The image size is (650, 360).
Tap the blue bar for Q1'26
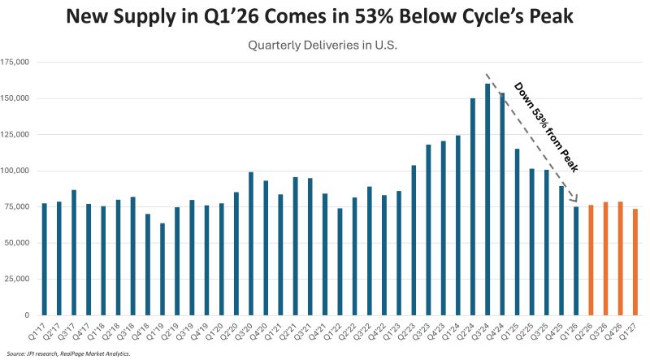(x=577, y=261)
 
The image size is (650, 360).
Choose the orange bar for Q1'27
(x=635, y=262)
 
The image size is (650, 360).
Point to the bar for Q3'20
(x=251, y=244)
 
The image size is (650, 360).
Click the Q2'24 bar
(x=473, y=206)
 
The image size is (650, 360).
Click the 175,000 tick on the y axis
(x=16, y=62)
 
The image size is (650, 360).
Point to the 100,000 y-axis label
(x=16, y=171)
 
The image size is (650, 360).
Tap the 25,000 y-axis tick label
(x=19, y=279)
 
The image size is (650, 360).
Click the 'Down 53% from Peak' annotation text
(x=547, y=125)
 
